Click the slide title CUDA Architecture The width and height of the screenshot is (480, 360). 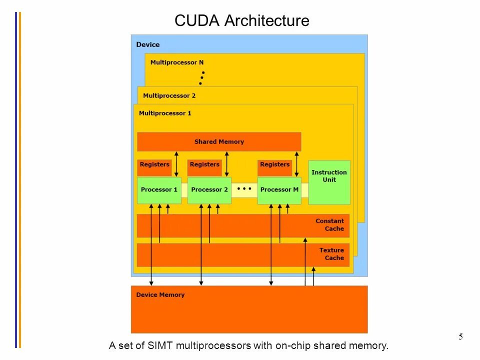point(241,21)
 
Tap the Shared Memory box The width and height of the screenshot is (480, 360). point(219,141)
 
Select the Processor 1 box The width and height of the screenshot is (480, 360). point(159,190)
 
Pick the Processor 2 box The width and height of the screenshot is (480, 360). point(209,190)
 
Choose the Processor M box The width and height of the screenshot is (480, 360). point(279,190)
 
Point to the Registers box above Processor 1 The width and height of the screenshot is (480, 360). point(154,165)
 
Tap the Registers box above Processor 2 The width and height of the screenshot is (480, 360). point(204,165)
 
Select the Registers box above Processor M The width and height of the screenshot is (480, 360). point(274,165)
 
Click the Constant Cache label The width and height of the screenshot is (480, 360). point(329,225)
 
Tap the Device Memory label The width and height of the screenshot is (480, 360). point(160,295)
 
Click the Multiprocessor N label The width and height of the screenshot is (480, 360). point(177,62)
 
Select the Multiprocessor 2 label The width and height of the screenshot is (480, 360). point(169,95)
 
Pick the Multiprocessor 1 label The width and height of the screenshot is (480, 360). point(165,113)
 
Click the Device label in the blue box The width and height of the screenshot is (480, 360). point(148,44)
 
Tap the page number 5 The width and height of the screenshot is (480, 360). point(460,336)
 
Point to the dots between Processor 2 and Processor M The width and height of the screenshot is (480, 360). point(244,189)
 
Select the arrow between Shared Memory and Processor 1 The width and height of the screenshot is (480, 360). point(176,164)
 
